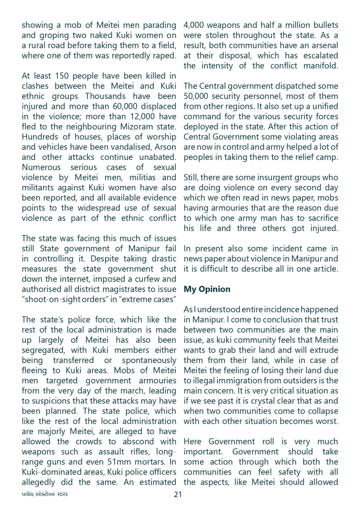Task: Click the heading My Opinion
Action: [207, 289]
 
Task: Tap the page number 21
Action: [178, 494]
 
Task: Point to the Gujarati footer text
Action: [45, 494]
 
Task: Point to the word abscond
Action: [130, 441]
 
